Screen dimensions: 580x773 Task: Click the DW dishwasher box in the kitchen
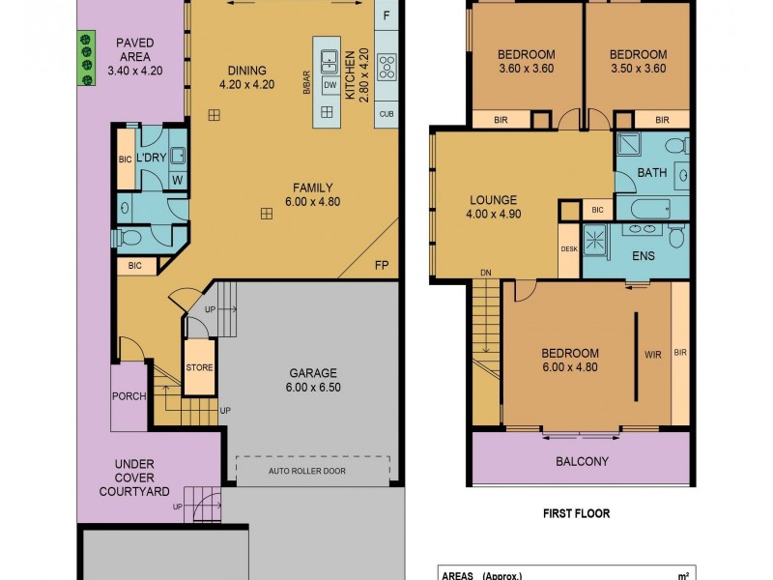point(329,86)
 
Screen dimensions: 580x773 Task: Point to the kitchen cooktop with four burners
point(387,67)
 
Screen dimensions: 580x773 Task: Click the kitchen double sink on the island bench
point(328,57)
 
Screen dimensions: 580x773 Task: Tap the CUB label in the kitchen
point(386,113)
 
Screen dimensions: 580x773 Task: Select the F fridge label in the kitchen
point(386,15)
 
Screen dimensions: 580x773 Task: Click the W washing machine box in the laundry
point(177,179)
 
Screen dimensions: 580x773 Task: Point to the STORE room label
point(198,366)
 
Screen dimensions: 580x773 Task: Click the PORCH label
point(129,395)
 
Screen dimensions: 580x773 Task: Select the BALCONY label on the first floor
point(582,461)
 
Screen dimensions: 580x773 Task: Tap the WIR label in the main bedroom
point(652,354)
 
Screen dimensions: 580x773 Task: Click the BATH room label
point(652,173)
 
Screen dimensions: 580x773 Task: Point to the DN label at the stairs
point(484,274)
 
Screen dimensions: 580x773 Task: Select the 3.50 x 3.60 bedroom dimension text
point(639,69)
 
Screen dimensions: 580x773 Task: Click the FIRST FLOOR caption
point(576,513)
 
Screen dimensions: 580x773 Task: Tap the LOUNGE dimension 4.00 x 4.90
point(494,215)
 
